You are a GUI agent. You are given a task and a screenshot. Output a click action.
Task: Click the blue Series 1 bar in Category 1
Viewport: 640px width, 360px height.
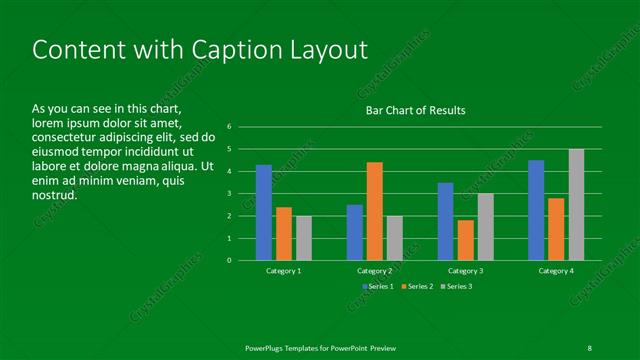tap(264, 212)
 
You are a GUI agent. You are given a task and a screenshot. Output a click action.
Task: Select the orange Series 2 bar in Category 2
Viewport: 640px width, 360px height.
tap(374, 211)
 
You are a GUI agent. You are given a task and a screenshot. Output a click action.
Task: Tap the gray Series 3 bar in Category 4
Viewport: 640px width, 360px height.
tap(577, 205)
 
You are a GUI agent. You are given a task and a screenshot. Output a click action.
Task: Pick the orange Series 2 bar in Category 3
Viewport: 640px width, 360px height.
tap(465, 240)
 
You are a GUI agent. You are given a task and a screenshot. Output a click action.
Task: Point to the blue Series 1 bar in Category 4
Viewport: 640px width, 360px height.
tap(536, 210)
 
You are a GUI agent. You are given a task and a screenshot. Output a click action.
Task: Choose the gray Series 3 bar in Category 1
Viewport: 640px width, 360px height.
tap(304, 238)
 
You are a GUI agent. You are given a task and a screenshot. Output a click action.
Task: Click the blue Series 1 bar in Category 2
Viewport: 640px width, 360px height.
tap(354, 232)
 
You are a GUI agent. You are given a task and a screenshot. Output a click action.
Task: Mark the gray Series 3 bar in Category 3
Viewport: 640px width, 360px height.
tap(485, 227)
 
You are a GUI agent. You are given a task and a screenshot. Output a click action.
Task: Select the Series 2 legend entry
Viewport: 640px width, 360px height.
tap(417, 287)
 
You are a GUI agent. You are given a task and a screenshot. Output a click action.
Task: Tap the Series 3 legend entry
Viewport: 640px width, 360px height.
tap(456, 287)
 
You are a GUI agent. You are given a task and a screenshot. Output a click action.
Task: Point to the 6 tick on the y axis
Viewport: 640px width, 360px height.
tap(229, 127)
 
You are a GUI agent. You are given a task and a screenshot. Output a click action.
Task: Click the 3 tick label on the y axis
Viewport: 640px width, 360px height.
tap(229, 194)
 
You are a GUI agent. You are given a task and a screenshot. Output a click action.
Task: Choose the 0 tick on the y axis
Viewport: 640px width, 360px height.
tap(229, 261)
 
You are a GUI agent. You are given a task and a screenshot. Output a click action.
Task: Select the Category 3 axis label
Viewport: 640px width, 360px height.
tap(465, 271)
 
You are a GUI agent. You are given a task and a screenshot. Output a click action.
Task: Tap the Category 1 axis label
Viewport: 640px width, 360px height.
tap(284, 271)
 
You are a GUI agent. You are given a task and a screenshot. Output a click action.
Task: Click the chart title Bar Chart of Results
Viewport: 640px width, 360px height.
tap(414, 110)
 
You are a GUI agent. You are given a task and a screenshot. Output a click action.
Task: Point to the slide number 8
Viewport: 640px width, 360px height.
tap(589, 347)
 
